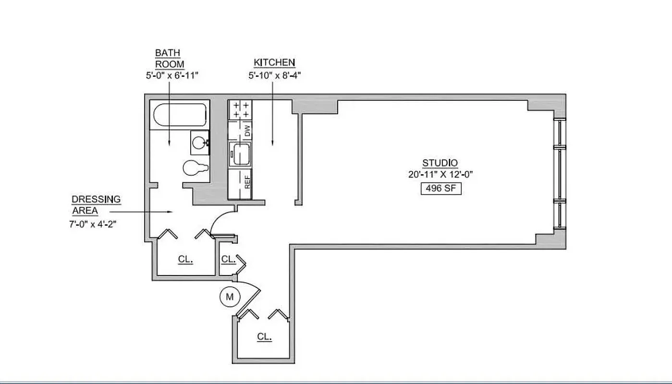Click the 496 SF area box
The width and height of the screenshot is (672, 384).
[440, 189]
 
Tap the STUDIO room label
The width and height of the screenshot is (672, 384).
[440, 163]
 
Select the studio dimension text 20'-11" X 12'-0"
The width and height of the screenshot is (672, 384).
[440, 175]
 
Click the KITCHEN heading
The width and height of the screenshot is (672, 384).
[274, 63]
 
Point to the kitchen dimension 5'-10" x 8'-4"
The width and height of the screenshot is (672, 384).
[274, 75]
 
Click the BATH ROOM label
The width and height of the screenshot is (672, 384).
[169, 58]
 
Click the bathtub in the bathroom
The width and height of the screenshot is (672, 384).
[179, 116]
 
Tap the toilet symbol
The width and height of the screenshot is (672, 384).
[195, 168]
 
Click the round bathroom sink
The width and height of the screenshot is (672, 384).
[199, 142]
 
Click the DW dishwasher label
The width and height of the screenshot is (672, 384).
[248, 131]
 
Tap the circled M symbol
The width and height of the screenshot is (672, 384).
[230, 297]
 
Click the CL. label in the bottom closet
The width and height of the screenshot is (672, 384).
[264, 337]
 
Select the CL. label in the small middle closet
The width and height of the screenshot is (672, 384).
[228, 260]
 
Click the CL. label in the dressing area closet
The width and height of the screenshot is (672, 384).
[185, 260]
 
